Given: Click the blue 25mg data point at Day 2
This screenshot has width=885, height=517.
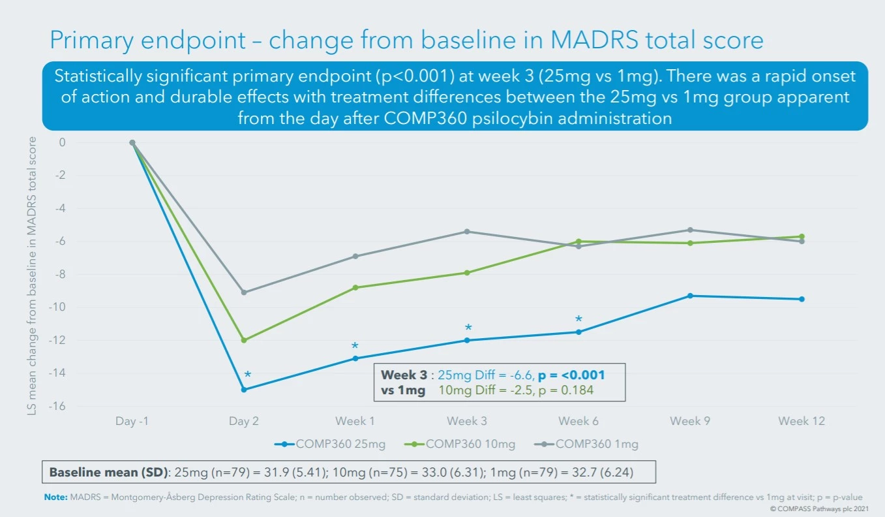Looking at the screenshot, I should pyautogui.click(x=244, y=390).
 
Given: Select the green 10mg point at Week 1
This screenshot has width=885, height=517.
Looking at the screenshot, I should pyautogui.click(x=355, y=287).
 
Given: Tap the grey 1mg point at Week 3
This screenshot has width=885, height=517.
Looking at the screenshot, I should pyautogui.click(x=467, y=232).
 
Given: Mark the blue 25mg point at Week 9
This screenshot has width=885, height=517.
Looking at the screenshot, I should pyautogui.click(x=690, y=296).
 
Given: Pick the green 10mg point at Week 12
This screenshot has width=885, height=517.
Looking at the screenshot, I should pyautogui.click(x=802, y=236).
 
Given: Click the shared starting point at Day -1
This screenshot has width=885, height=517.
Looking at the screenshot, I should pyautogui.click(x=132, y=142).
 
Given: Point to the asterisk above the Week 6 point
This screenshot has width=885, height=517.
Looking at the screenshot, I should pyautogui.click(x=578, y=320).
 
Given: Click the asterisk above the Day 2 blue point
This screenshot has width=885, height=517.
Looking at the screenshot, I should pyautogui.click(x=247, y=375).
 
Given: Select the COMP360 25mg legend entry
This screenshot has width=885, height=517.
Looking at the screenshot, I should pyautogui.click(x=330, y=445).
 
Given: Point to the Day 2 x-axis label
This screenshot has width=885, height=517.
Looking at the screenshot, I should pyautogui.click(x=243, y=421).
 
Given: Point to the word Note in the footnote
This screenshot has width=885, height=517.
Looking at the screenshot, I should pyautogui.click(x=55, y=497).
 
